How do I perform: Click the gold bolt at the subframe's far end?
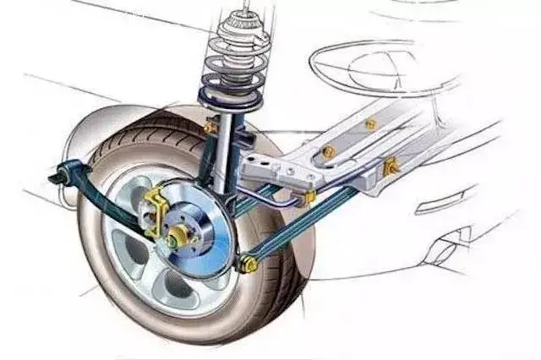click(369, 123)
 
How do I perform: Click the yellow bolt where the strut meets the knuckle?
click(210, 128)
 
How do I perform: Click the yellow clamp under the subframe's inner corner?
click(310, 196)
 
